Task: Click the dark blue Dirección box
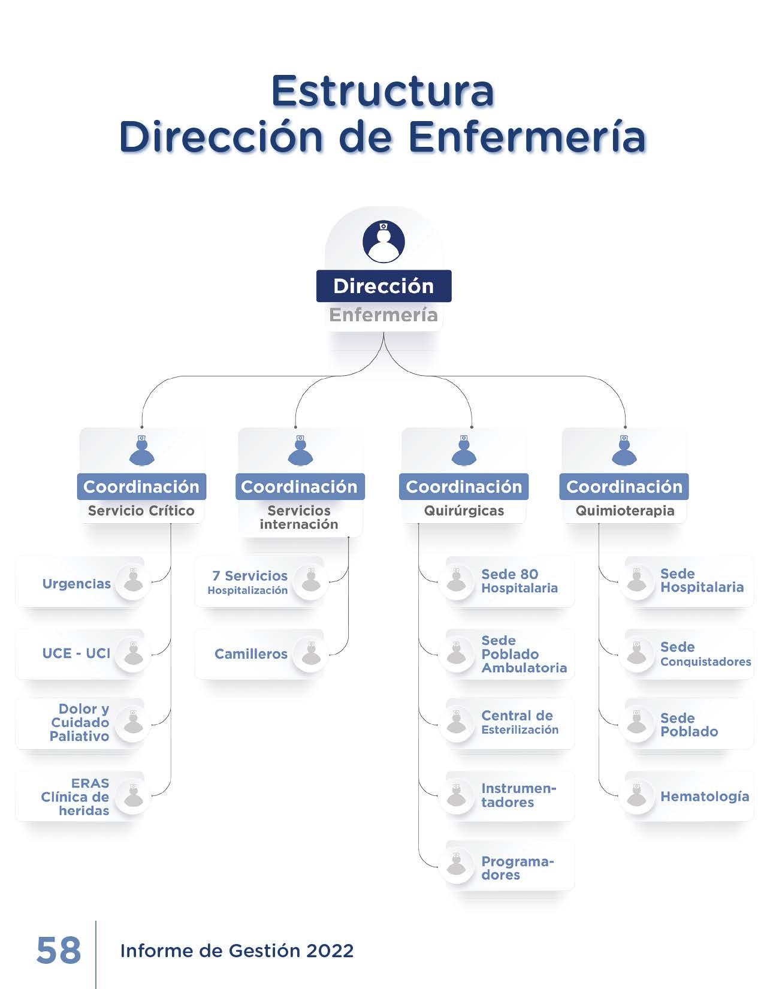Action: pyautogui.click(x=383, y=286)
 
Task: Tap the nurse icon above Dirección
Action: pyautogui.click(x=383, y=241)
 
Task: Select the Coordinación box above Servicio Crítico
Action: pyautogui.click(x=141, y=487)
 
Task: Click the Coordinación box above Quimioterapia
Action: pyautogui.click(x=624, y=487)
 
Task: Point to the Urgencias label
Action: pyautogui.click(x=77, y=583)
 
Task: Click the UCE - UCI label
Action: pyautogui.click(x=77, y=653)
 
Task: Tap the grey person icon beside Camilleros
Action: pyautogui.click(x=311, y=654)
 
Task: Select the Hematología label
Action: pyautogui.click(x=705, y=797)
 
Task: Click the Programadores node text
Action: pyautogui.click(x=518, y=869)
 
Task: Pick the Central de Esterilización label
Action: pyautogui.click(x=520, y=723)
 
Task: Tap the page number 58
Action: pyautogui.click(x=59, y=951)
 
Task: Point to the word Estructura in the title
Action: pyautogui.click(x=383, y=91)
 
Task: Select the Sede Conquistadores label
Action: pyautogui.click(x=705, y=654)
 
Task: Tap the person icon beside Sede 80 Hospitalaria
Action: pyautogui.click(x=457, y=581)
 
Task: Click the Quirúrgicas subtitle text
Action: pyautogui.click(x=464, y=511)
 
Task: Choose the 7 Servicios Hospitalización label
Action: pyautogui.click(x=247, y=583)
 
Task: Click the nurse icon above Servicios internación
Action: pyautogui.click(x=300, y=450)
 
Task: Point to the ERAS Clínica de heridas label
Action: pyautogui.click(x=75, y=797)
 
